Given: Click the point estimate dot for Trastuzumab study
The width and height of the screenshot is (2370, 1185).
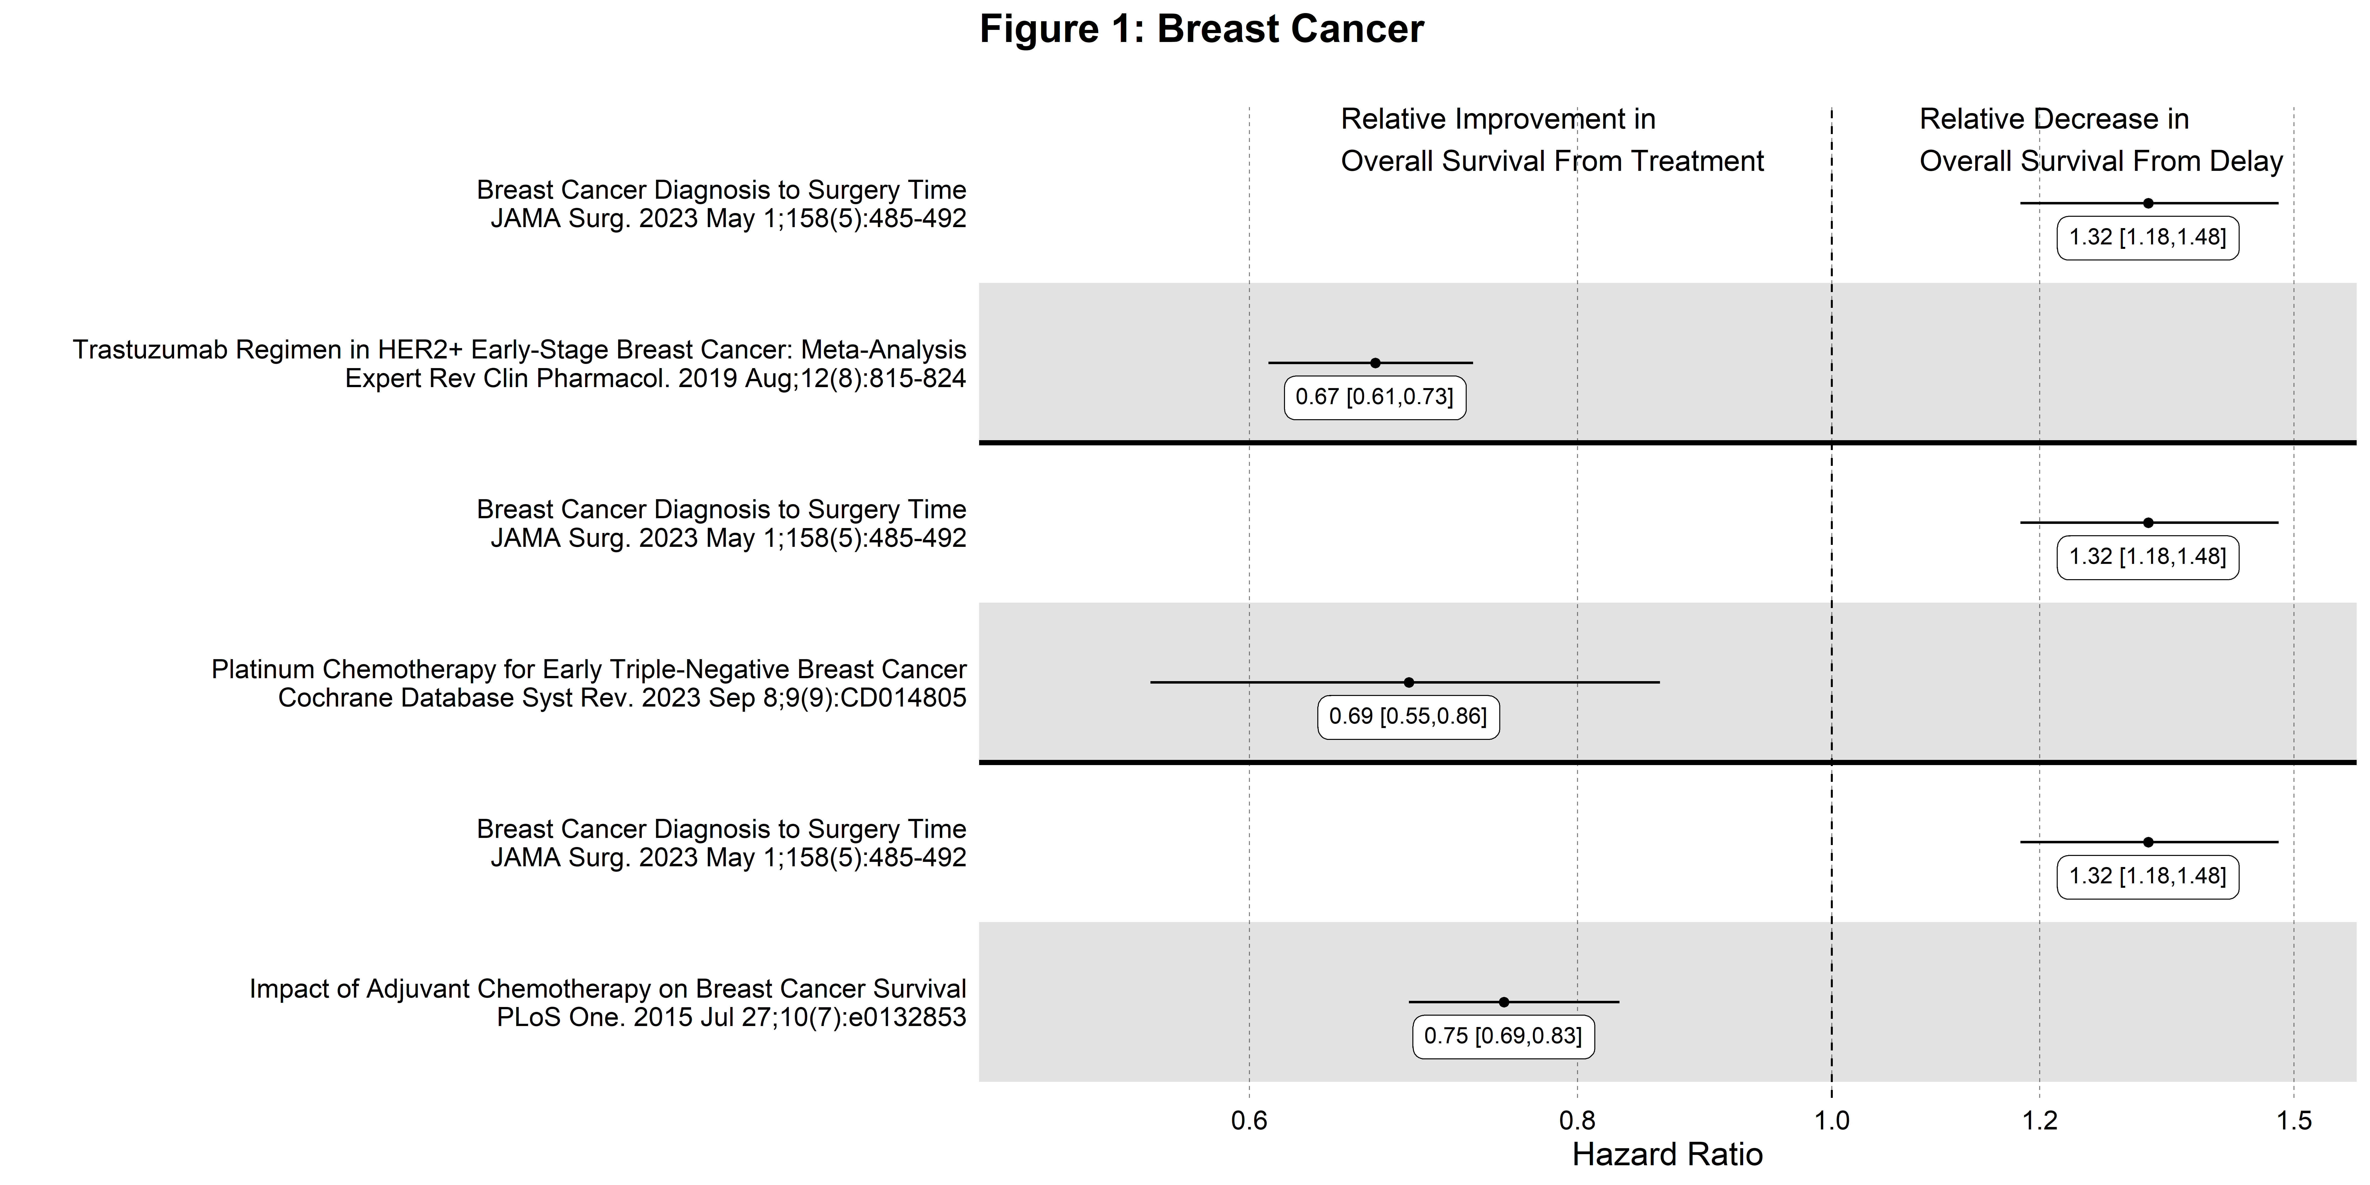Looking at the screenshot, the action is (1375, 362).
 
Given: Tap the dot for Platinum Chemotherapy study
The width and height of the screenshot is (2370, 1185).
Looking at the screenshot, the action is (1409, 682).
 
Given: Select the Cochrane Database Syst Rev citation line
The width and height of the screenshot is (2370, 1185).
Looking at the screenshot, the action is (622, 698).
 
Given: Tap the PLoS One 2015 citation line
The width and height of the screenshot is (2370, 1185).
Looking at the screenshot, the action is (731, 1018).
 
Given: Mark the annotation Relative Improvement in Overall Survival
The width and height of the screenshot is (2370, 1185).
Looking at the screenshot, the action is (1552, 140).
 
